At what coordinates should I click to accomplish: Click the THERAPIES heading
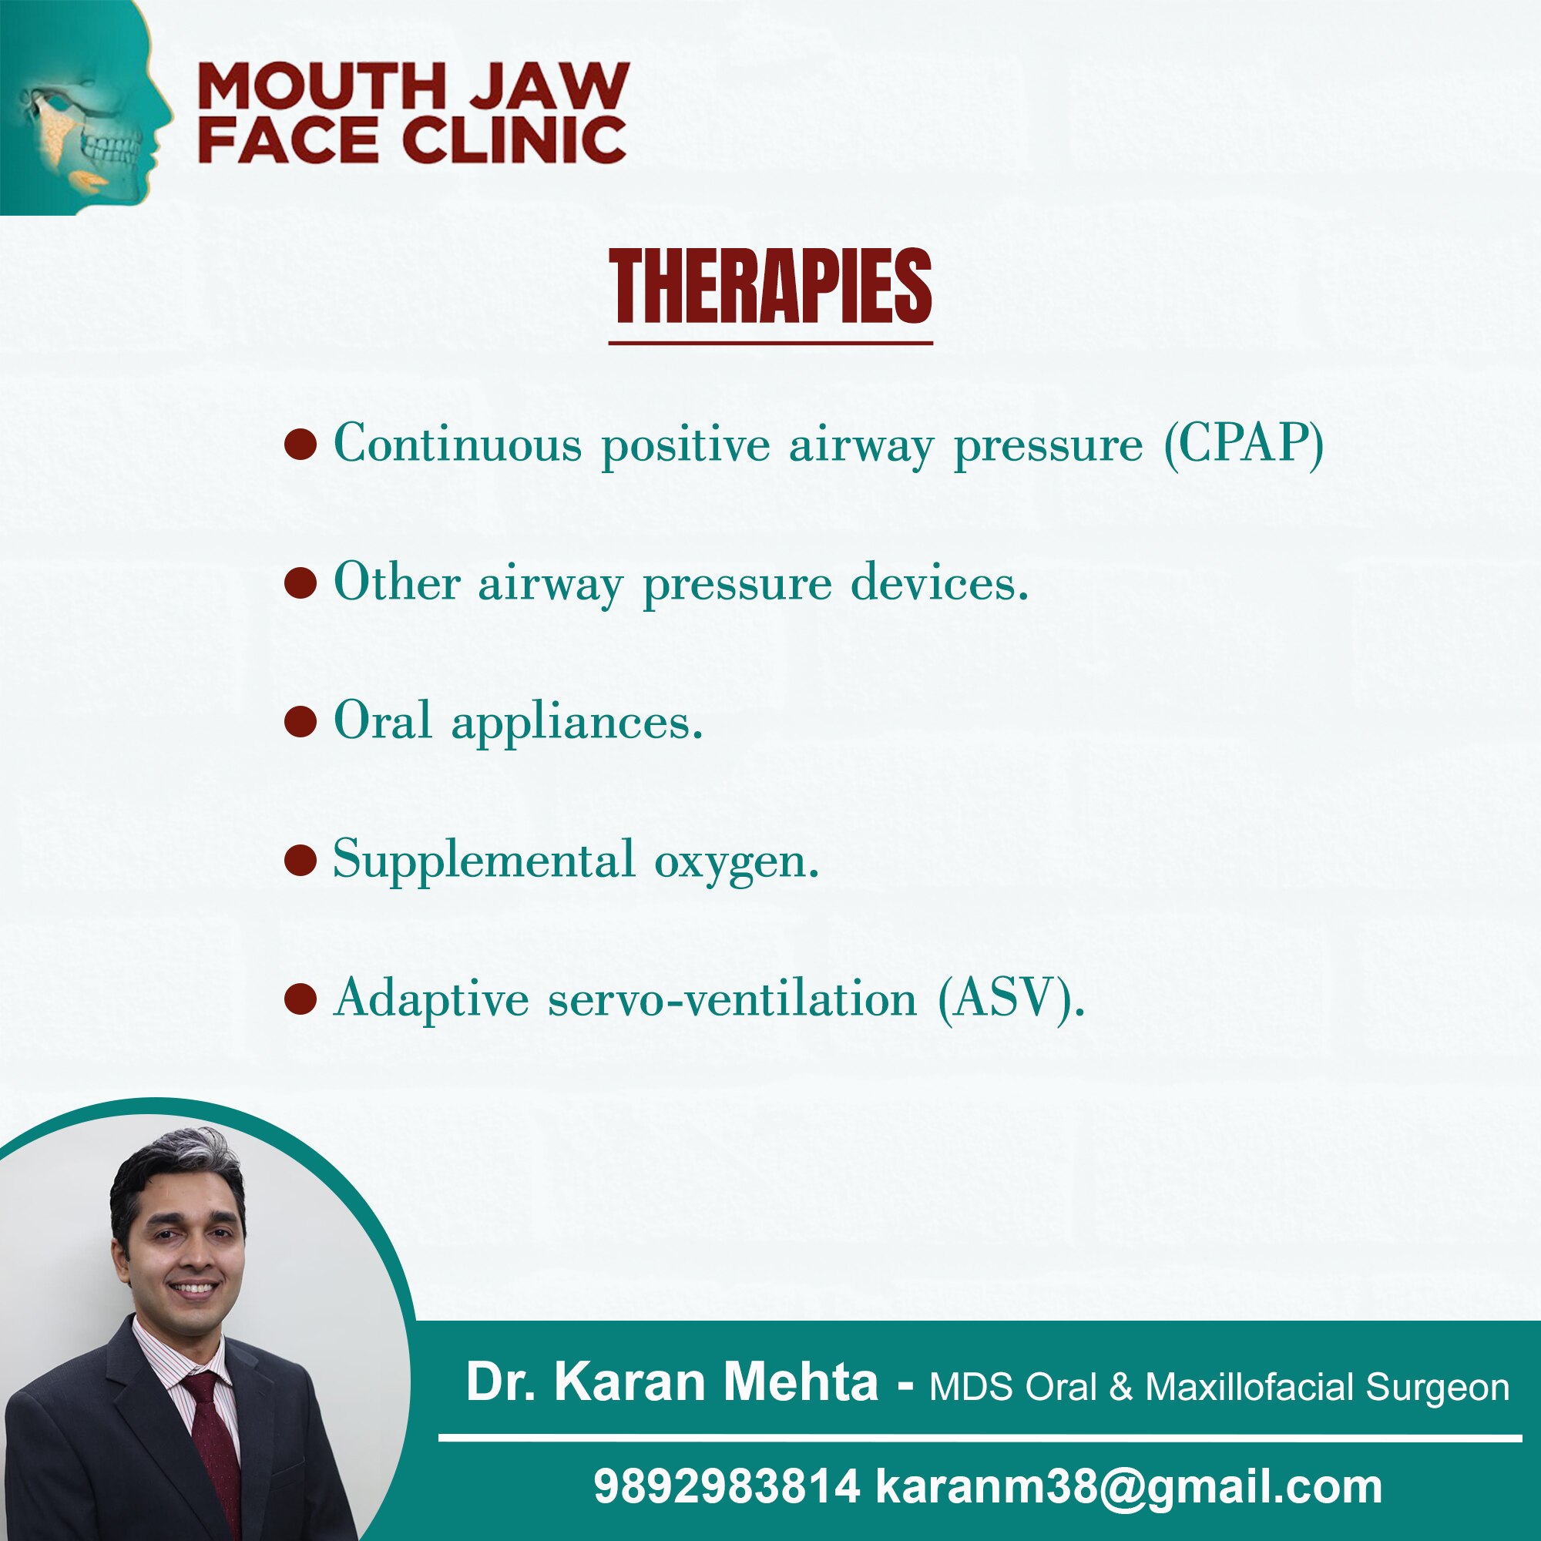(x=770, y=286)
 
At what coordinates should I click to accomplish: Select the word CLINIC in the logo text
(x=516, y=139)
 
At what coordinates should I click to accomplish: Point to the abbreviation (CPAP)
(x=1244, y=444)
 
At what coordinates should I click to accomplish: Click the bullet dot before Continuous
(x=300, y=445)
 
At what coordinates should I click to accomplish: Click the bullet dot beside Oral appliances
(x=300, y=722)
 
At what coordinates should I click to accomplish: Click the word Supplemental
(x=484, y=861)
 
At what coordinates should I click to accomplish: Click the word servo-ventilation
(x=732, y=999)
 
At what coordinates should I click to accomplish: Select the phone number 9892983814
(x=727, y=1487)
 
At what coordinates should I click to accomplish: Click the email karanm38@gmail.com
(x=1129, y=1489)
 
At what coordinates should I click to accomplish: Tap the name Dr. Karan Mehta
(x=672, y=1382)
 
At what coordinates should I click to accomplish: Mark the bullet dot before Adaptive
(x=300, y=999)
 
